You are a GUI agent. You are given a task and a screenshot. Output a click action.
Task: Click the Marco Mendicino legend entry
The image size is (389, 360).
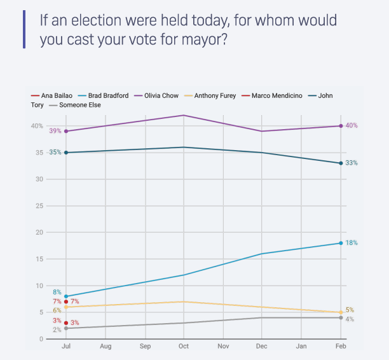[x=276, y=96]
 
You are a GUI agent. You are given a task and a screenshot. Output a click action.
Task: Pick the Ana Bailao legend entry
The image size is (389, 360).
[x=50, y=96]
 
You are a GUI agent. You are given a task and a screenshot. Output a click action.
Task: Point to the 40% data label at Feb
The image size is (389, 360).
[x=351, y=125]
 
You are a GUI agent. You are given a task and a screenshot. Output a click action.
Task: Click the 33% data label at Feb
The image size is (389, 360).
[x=351, y=163]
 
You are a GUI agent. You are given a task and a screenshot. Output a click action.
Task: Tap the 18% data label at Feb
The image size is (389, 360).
[x=351, y=243]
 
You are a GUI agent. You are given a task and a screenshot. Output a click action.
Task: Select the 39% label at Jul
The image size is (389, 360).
[x=55, y=131]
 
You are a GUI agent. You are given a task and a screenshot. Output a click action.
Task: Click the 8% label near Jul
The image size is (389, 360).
[x=57, y=292]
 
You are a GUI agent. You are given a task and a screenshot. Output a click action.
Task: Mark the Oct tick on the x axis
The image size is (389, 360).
[x=184, y=347]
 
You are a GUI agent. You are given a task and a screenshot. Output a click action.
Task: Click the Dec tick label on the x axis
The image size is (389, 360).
[x=263, y=347]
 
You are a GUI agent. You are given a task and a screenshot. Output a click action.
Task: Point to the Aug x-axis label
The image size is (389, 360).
[x=106, y=347]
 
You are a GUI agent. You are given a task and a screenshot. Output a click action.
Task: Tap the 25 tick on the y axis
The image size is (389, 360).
[x=39, y=206]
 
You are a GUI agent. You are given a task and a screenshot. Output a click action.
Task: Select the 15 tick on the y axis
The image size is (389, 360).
[x=39, y=259]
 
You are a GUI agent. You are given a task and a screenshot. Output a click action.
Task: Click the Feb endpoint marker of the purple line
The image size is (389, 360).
[x=341, y=126]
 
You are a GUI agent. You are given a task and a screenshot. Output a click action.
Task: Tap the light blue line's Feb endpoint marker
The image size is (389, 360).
[x=341, y=243]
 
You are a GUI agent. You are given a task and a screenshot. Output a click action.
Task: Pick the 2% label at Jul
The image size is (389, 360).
[x=57, y=329]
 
